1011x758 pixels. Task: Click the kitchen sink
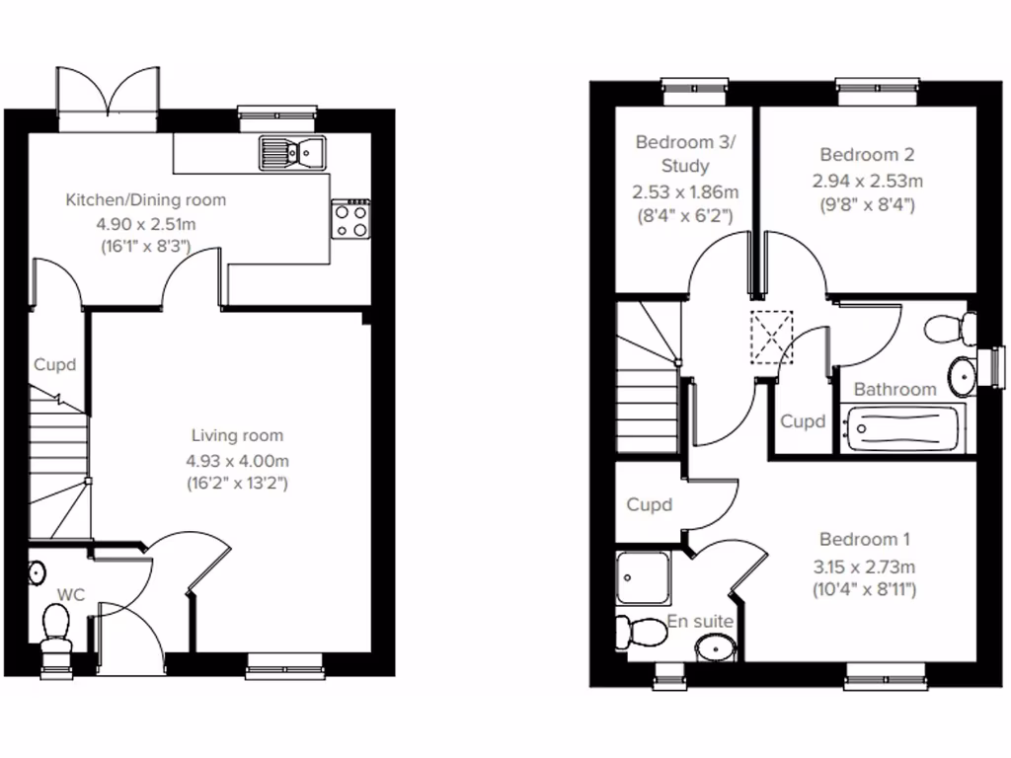pyautogui.click(x=292, y=152)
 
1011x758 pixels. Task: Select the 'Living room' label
pyautogui.click(x=237, y=435)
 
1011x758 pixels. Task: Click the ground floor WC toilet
pyautogui.click(x=56, y=629)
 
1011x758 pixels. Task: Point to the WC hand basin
pyautogui.click(x=37, y=572)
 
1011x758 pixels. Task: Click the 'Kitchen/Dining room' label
pyautogui.click(x=146, y=200)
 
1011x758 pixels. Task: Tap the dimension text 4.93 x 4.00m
pyautogui.click(x=237, y=460)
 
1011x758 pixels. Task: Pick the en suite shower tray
pyautogui.click(x=643, y=578)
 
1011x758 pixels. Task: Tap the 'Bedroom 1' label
pyautogui.click(x=865, y=540)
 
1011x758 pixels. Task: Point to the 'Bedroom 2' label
pyautogui.click(x=867, y=155)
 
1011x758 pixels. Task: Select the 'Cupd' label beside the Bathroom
pyautogui.click(x=803, y=421)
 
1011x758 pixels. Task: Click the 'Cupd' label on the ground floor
pyautogui.click(x=55, y=365)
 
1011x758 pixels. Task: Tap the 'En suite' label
pyautogui.click(x=700, y=622)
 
